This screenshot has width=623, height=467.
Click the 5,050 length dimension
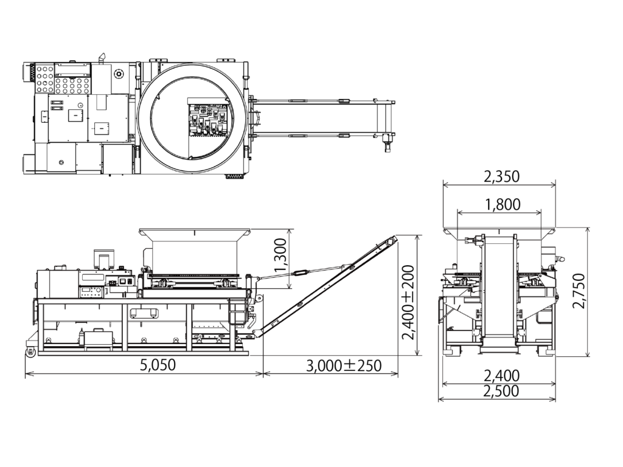pos(158,365)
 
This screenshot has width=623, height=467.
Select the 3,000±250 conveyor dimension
pos(344,365)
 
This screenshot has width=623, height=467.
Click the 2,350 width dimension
pos(501,176)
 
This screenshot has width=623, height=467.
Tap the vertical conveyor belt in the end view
pos(499,292)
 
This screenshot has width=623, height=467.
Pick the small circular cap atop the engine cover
pos(119,74)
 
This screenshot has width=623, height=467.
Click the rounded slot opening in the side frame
pos(144,313)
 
